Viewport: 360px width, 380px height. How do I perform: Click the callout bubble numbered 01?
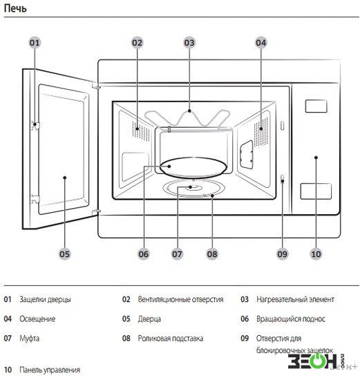(x=35, y=43)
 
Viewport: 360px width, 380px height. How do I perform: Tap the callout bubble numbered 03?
(x=189, y=43)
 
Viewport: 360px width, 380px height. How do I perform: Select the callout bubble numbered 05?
(x=64, y=254)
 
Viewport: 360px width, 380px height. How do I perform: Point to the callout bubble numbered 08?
(x=212, y=254)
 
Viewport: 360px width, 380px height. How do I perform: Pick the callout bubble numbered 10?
(x=316, y=254)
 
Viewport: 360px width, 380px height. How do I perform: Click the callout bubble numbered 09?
(x=282, y=254)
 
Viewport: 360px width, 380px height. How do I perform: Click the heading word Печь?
(x=15, y=8)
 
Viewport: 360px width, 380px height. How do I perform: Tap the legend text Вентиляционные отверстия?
(x=180, y=300)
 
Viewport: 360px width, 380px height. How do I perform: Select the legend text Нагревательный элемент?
(x=295, y=300)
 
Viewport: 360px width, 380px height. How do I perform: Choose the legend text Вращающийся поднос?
(x=291, y=319)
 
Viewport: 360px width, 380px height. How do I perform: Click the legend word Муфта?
(x=29, y=339)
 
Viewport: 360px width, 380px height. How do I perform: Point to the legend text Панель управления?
(x=50, y=370)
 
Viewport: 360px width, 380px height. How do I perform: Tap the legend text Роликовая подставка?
(x=171, y=339)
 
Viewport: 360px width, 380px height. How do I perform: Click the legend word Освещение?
(x=37, y=319)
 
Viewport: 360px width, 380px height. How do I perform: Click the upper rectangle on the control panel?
(x=316, y=106)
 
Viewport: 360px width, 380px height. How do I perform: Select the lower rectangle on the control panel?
(x=316, y=191)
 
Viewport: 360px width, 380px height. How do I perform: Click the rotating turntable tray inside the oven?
(x=193, y=167)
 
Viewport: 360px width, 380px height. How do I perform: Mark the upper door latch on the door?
(x=35, y=125)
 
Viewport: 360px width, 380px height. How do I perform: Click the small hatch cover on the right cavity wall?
(x=247, y=154)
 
